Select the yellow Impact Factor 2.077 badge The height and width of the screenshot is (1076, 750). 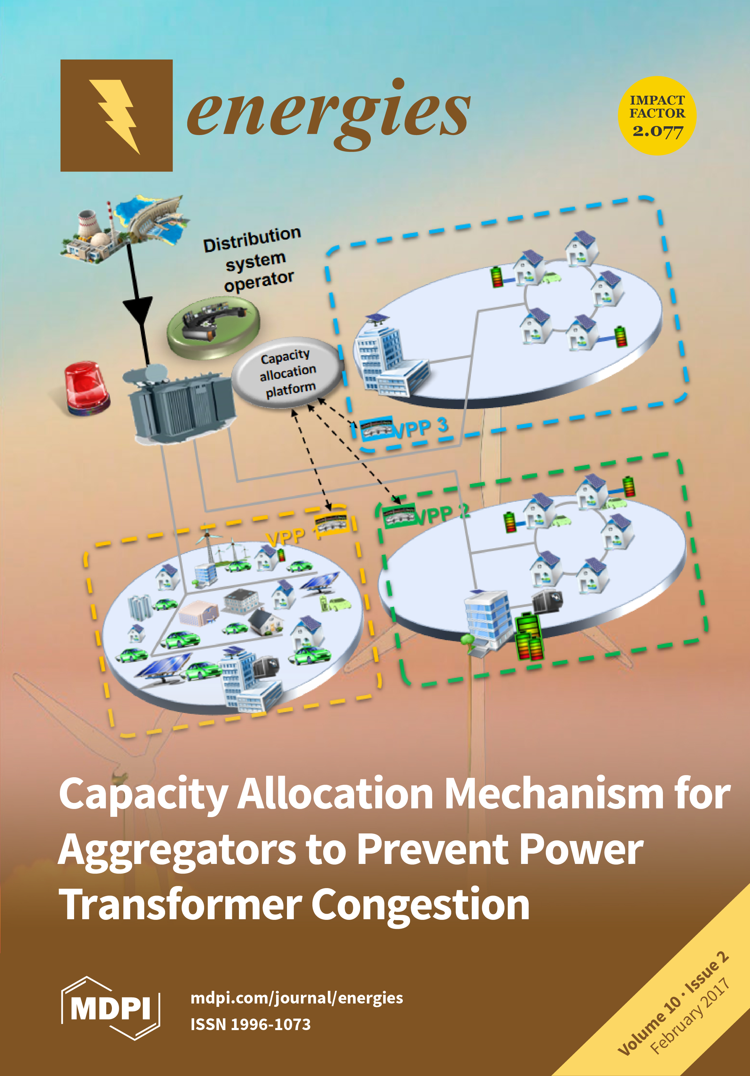pyautogui.click(x=657, y=116)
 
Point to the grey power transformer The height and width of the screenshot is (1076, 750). pyautogui.click(x=181, y=405)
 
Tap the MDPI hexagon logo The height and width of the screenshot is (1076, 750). pyautogui.click(x=111, y=1007)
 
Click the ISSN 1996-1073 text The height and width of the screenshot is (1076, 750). pyautogui.click(x=250, y=1024)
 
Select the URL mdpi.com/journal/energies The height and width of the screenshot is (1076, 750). pyautogui.click(x=296, y=997)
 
